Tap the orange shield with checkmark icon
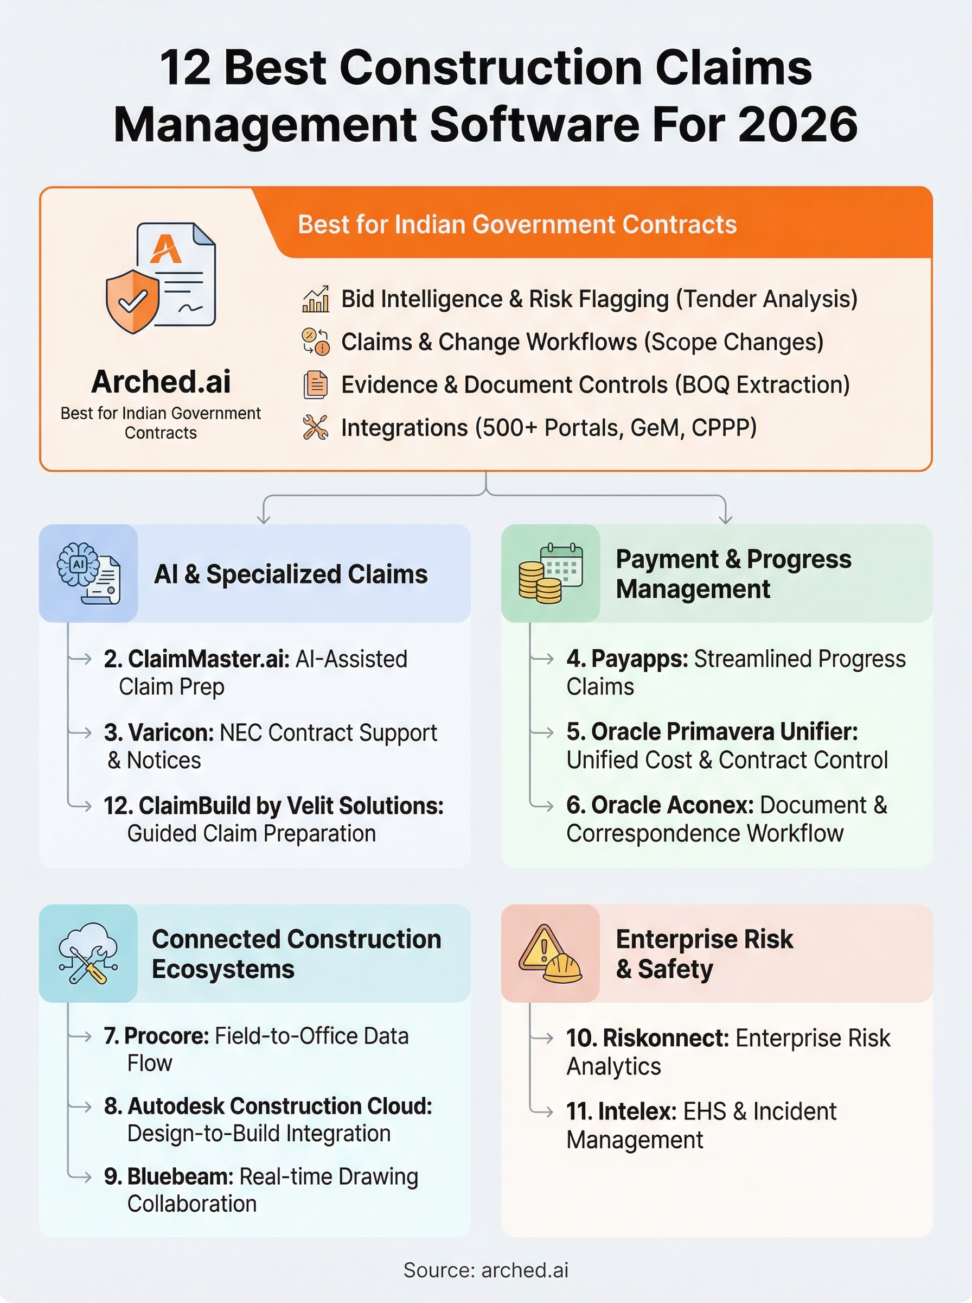(132, 301)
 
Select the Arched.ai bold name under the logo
(161, 382)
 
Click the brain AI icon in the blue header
(88, 573)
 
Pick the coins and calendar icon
(551, 573)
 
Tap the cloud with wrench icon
(88, 953)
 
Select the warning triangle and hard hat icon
(551, 953)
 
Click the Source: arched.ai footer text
(486, 1270)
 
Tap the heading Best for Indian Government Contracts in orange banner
(517, 224)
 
